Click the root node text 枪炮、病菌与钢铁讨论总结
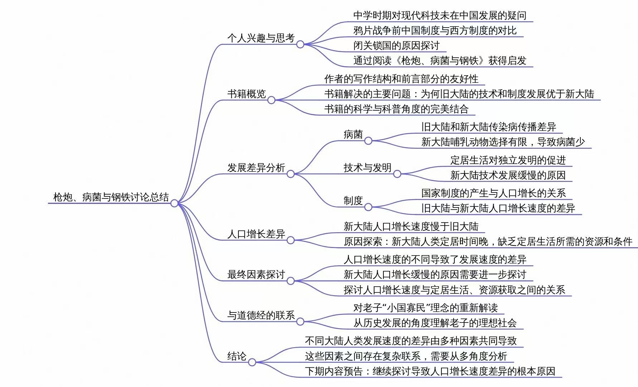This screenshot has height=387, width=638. click(x=111, y=197)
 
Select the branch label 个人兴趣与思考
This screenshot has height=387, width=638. click(x=261, y=38)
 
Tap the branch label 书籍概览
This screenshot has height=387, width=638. click(x=246, y=94)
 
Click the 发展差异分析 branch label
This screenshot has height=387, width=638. click(x=256, y=168)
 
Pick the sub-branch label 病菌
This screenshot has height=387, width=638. click(x=353, y=135)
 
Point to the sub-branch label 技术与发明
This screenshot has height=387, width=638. click(x=367, y=168)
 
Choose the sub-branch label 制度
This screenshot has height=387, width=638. click(x=353, y=201)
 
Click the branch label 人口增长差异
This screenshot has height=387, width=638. click(x=256, y=234)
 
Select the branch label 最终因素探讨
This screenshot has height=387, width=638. click(x=256, y=275)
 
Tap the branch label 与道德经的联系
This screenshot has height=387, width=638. click(x=261, y=315)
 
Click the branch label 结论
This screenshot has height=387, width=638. click(x=237, y=356)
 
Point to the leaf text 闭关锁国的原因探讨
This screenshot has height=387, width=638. click(x=396, y=46)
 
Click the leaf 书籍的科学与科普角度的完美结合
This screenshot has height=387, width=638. click(x=396, y=109)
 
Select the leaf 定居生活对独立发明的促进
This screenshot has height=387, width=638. click(x=508, y=160)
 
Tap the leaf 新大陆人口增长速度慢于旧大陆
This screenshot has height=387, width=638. click(x=411, y=226)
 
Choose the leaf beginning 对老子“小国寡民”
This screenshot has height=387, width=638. click(x=425, y=308)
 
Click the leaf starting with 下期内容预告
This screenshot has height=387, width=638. click(x=430, y=371)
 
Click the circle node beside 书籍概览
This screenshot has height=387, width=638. click(x=271, y=100)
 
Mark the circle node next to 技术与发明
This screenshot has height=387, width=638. click(x=397, y=174)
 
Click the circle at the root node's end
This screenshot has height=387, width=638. click(x=174, y=203)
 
